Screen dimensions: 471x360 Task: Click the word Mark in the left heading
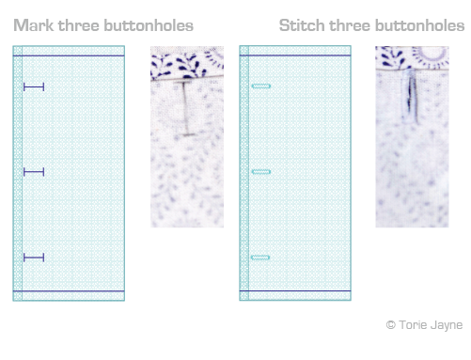pyautogui.click(x=34, y=25)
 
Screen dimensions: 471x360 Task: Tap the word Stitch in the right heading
pyautogui.click(x=302, y=25)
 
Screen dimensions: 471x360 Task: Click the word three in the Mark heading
pyautogui.click(x=79, y=25)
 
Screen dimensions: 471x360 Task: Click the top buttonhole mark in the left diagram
pyautogui.click(x=34, y=86)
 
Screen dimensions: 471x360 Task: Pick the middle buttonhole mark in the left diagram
pyautogui.click(x=34, y=172)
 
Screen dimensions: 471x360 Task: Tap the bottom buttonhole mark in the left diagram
pyautogui.click(x=34, y=258)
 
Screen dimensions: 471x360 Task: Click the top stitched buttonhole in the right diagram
pyautogui.click(x=261, y=86)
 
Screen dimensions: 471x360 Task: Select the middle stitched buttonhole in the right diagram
pyautogui.click(x=261, y=172)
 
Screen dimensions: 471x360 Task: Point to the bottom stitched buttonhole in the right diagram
pyautogui.click(x=260, y=258)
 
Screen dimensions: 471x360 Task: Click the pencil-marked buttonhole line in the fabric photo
pyautogui.click(x=185, y=108)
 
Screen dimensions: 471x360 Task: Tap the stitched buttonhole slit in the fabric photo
pyautogui.click(x=410, y=97)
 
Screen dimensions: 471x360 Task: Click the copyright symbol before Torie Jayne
pyautogui.click(x=390, y=324)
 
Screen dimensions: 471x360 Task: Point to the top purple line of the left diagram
pyautogui.click(x=69, y=55)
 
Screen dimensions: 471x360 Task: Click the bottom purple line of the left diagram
pyautogui.click(x=69, y=291)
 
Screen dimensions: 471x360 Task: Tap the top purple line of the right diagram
pyautogui.click(x=295, y=55)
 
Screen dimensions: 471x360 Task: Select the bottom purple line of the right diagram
pyautogui.click(x=295, y=291)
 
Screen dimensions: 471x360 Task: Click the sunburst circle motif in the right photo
pyautogui.click(x=430, y=54)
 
